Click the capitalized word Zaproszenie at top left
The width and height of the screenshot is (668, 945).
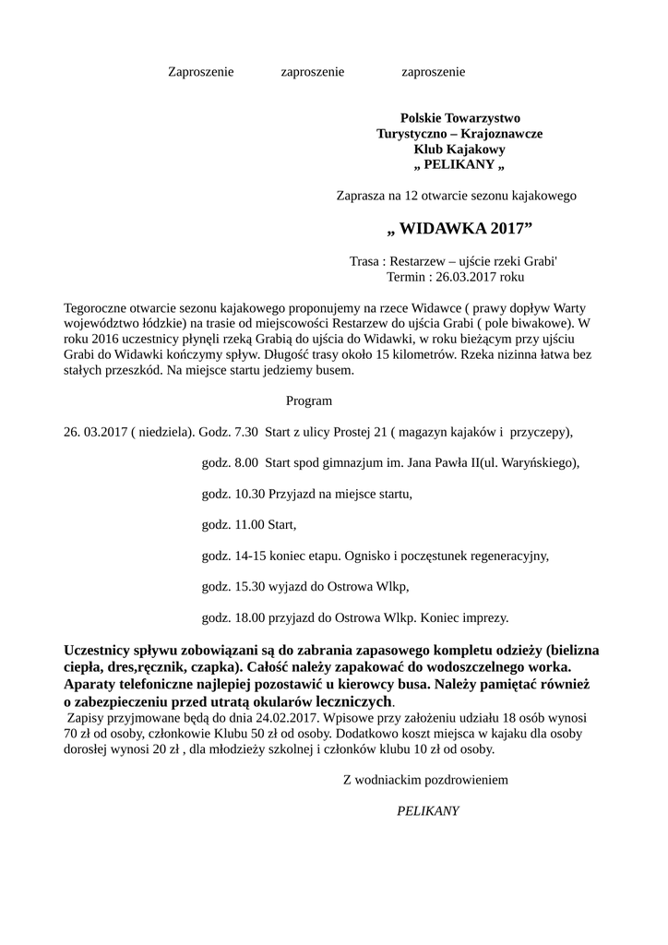point(200,72)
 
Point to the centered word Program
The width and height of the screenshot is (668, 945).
point(309,401)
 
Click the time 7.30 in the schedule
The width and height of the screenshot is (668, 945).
point(246,432)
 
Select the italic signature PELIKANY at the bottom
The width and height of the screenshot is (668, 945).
point(428,811)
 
